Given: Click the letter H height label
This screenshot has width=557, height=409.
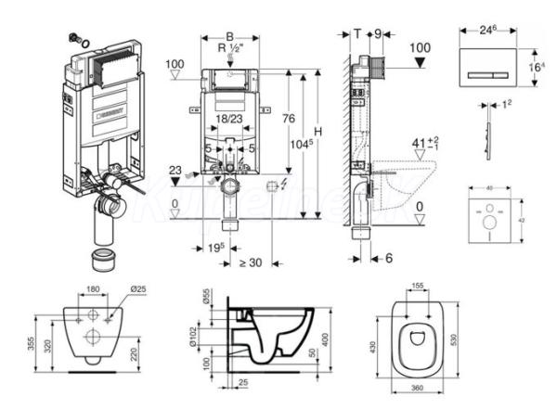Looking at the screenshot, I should [318, 132].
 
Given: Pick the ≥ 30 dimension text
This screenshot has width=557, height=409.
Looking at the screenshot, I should [250, 262].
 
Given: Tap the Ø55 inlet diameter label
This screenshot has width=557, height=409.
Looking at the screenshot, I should [206, 300].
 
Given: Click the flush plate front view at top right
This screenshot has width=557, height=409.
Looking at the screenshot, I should [487, 71].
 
